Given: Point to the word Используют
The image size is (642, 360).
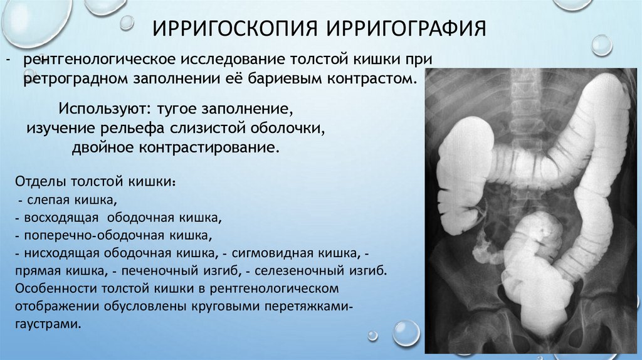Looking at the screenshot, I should pyautogui.click(x=101, y=109).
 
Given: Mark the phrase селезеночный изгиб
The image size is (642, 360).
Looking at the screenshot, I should pyautogui.click(x=315, y=272).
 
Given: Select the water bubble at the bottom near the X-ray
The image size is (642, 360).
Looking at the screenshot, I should pyautogui.click(x=406, y=332).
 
